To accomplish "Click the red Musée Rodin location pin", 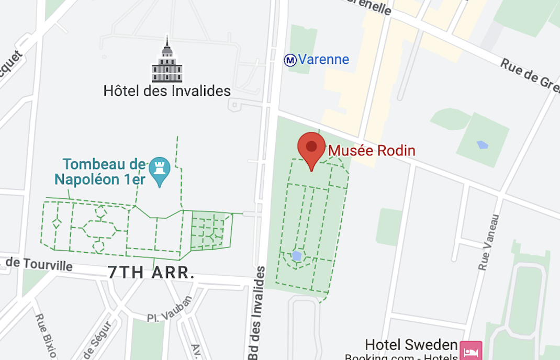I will click(311, 148).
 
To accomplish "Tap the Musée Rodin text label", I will click(371, 151).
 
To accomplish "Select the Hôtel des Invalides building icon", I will click(167, 61).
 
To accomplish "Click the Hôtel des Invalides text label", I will click(167, 91).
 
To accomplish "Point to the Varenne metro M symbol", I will click(290, 60).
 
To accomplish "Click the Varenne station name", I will click(323, 59).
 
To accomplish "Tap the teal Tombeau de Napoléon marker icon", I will click(159, 169).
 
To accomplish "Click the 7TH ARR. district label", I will click(151, 272).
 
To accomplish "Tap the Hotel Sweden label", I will click(411, 345).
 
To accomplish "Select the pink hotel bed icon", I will click(470, 349).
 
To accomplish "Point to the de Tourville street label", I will click(40, 263).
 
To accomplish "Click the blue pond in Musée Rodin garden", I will click(297, 256).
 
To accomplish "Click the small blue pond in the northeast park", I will click(482, 145).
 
